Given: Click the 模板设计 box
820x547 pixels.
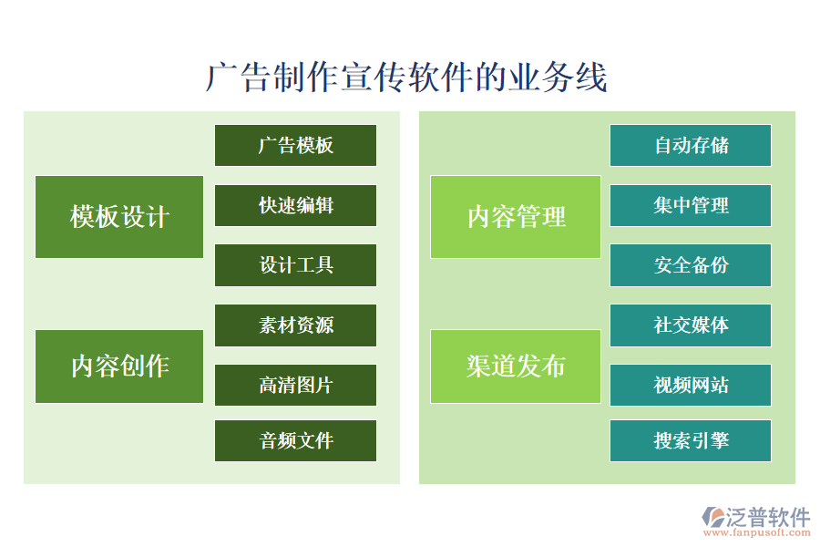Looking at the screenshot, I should click(x=119, y=217).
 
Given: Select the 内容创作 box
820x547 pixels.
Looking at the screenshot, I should click(x=119, y=366).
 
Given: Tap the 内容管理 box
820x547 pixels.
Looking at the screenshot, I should click(x=516, y=217).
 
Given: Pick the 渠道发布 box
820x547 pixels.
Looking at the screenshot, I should click(x=516, y=366).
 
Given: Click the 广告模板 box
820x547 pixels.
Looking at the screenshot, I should click(x=295, y=146).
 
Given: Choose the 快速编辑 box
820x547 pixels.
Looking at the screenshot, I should click(x=295, y=206).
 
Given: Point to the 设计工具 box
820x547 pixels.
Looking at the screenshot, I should click(x=295, y=265).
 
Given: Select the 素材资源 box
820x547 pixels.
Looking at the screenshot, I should click(x=295, y=325).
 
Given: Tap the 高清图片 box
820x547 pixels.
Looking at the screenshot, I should click(x=295, y=386).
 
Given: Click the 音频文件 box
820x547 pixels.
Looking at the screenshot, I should click(x=295, y=441).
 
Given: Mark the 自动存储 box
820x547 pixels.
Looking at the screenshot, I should click(x=691, y=146).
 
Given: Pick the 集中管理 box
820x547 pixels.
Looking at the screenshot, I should click(x=691, y=206).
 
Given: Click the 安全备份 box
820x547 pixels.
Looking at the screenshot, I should click(x=691, y=265).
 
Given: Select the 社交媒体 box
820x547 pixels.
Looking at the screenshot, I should click(x=691, y=325).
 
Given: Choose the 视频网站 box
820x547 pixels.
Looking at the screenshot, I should click(x=691, y=386).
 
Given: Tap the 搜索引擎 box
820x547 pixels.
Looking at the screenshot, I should click(x=691, y=441).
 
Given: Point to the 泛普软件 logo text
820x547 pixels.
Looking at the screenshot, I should click(x=767, y=517).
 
